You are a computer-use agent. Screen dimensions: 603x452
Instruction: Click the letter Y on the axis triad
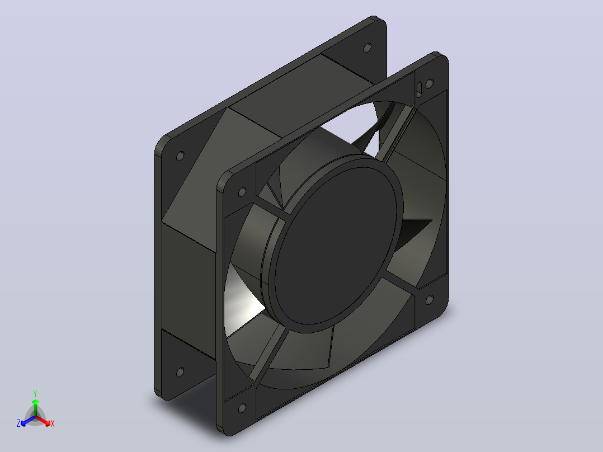(x=35, y=393)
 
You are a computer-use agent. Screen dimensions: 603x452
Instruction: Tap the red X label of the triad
(x=53, y=423)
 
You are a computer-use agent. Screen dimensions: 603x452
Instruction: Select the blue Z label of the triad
(x=18, y=423)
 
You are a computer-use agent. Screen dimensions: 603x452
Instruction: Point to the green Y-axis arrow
(x=35, y=408)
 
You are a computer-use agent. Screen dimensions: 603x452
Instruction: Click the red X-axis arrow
(x=43, y=421)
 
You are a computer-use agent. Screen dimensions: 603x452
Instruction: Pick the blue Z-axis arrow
(x=28, y=421)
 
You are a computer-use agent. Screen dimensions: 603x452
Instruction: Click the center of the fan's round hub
(x=336, y=244)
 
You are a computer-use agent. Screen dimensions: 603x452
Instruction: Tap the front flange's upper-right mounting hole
(x=430, y=83)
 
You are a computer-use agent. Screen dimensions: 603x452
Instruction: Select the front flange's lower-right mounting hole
(x=430, y=300)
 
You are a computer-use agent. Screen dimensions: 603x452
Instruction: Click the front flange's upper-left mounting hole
(x=242, y=191)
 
